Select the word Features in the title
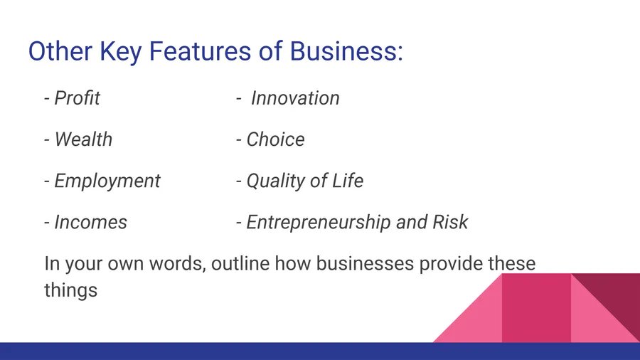200,51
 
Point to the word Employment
107,181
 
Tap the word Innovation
295,98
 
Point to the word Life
347,181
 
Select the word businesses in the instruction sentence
365,263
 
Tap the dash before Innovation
239,99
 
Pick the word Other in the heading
60,51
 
